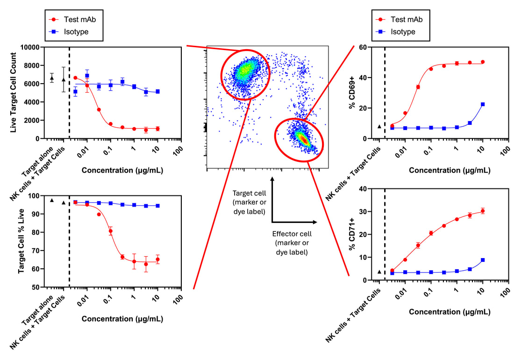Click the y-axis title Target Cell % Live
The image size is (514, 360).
(21, 241)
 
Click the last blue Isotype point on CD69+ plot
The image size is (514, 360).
(482, 104)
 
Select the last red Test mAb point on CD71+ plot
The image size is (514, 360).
(482, 211)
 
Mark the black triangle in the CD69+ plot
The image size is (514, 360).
(379, 126)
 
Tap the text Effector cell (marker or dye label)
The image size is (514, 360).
(292, 243)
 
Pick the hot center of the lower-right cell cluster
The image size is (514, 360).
(303, 138)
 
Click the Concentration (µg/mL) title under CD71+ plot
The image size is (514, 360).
(450, 312)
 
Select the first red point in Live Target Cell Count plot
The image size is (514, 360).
(75, 78)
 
